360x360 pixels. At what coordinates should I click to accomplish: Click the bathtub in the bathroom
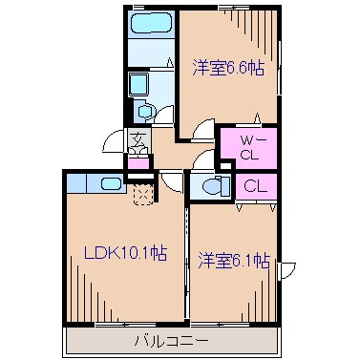148,24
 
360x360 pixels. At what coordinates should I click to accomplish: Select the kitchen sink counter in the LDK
96,182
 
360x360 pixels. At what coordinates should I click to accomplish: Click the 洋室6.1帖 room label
233,259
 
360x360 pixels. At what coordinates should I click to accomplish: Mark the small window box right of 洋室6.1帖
286,269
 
